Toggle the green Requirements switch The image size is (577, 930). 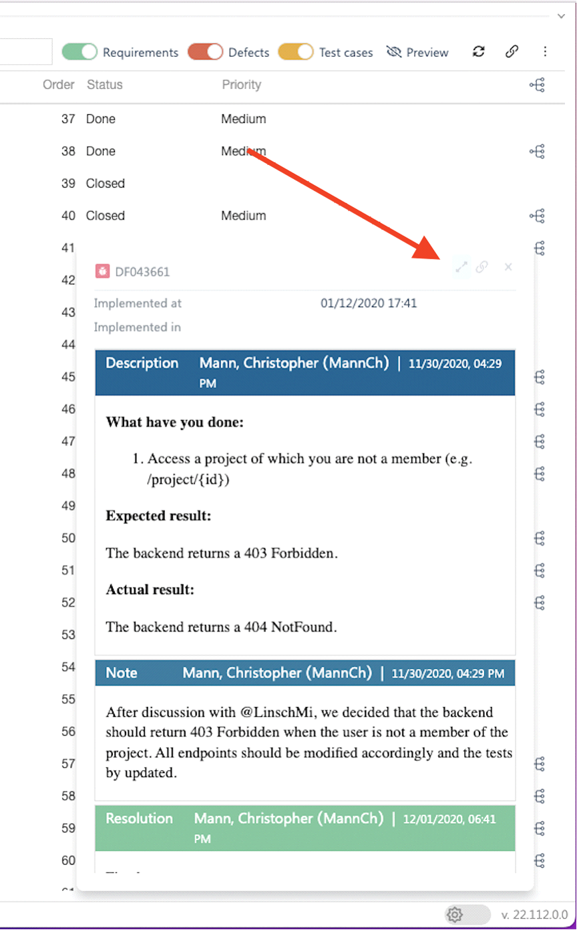pos(79,52)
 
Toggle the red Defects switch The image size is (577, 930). pos(205,52)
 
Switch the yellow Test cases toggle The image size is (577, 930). pos(295,52)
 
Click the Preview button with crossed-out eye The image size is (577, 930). pos(417,52)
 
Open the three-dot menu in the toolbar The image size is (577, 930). pos(545,52)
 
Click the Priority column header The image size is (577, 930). pos(241,85)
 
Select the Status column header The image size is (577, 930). pos(105,85)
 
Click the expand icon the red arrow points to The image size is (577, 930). pos(461,267)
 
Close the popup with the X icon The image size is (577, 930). pos(508,267)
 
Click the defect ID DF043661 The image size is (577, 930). pos(142,272)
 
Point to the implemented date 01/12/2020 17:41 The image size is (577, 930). pos(369,303)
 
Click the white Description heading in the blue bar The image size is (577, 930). pos(142,363)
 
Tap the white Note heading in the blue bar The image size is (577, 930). pos(122,673)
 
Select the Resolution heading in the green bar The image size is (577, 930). pos(139,818)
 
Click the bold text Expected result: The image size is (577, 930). pos(158,516)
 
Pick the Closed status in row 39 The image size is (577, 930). pos(106,183)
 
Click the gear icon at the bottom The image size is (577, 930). pos(455,914)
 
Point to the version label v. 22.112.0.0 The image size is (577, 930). pos(534,915)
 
